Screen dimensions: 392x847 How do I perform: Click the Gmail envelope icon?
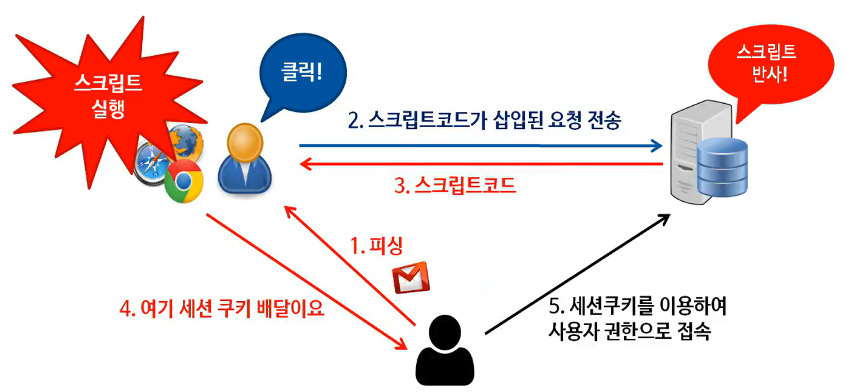(x=411, y=278)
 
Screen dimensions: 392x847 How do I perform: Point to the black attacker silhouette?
(x=444, y=351)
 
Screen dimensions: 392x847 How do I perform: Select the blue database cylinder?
(x=722, y=167)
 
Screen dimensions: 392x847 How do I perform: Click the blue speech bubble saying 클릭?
(x=302, y=72)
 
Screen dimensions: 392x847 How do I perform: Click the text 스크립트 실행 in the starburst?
(x=108, y=95)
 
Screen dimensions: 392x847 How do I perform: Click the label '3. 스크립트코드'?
(x=454, y=185)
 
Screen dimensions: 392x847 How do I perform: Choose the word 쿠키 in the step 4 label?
(x=236, y=308)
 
